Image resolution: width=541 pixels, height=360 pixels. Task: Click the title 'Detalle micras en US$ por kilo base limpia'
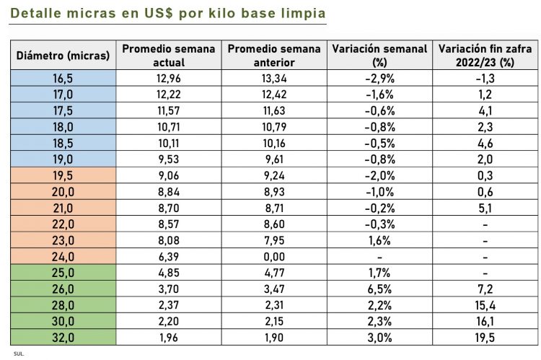click(169, 14)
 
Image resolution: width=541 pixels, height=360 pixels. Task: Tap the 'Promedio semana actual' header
click(169, 55)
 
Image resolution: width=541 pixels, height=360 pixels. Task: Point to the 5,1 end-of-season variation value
click(485, 208)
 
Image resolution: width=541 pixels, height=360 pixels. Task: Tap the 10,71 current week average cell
click(169, 127)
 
